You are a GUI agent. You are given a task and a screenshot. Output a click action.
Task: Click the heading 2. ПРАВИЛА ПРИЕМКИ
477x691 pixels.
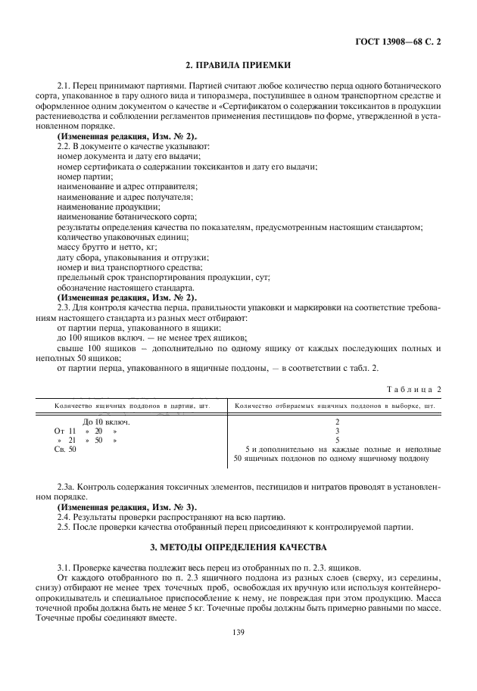pyautogui.click(x=238, y=65)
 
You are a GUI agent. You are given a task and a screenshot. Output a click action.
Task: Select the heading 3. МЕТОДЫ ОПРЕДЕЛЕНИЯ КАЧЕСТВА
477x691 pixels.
pyautogui.click(x=238, y=546)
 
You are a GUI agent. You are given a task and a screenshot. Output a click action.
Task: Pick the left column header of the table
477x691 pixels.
pyautogui.click(x=132, y=405)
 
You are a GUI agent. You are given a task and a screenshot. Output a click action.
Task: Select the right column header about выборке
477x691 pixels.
pyautogui.click(x=335, y=405)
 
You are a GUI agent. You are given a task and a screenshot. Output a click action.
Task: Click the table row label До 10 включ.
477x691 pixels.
pyautogui.click(x=105, y=421)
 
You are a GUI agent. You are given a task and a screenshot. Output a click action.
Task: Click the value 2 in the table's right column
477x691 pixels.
pyautogui.click(x=337, y=421)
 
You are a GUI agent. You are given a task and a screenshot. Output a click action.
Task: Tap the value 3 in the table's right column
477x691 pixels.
pyautogui.click(x=337, y=430)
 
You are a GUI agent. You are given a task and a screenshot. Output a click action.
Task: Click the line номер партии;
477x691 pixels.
pyautogui.click(x=85, y=176)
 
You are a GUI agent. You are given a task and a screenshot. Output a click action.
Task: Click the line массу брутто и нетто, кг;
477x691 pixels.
pyautogui.click(x=111, y=247)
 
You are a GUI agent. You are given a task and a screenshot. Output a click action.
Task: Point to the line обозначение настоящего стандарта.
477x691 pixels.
pyautogui.click(x=126, y=288)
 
